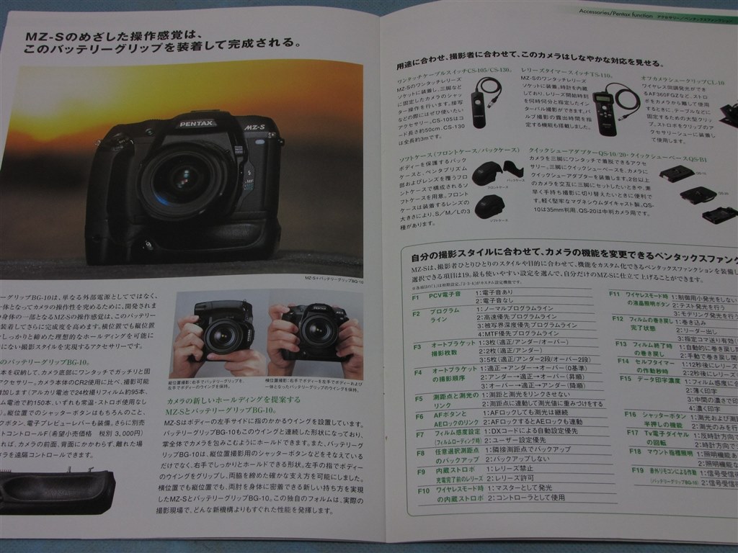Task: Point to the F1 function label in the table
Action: point(416,297)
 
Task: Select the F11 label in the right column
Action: point(615,295)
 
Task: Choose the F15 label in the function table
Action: point(625,379)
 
